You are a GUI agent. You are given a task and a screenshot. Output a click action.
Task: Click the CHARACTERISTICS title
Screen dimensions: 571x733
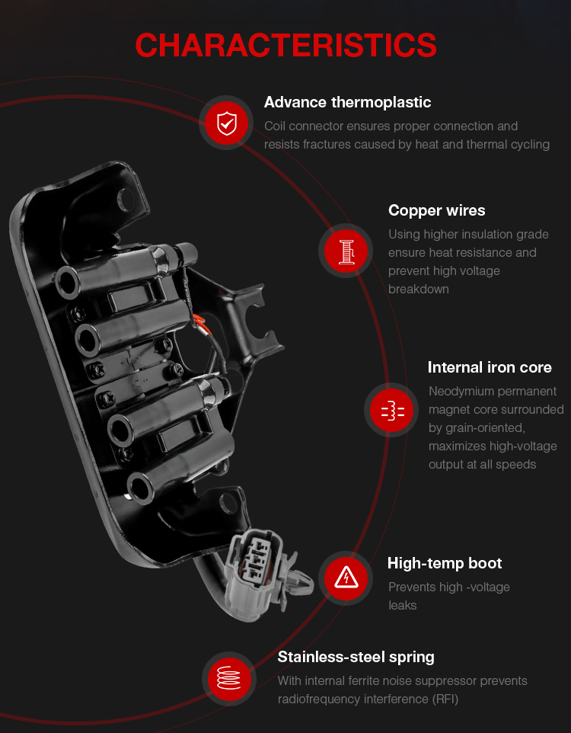[285, 46]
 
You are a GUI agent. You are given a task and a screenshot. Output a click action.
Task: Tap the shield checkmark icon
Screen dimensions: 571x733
[227, 123]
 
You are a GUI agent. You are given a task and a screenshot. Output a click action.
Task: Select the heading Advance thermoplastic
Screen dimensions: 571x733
[347, 102]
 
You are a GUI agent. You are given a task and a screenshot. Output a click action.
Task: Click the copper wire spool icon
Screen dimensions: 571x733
[346, 251]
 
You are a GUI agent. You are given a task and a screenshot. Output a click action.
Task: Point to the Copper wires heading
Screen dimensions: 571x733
[436, 210]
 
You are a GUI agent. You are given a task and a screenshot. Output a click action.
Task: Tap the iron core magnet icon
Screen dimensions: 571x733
[391, 410]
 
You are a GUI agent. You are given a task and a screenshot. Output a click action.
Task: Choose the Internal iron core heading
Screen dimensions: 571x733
[490, 367]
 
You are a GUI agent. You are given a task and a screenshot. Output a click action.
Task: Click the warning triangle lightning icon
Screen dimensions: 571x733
[346, 578]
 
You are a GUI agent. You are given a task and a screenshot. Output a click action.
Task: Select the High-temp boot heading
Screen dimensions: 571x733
[445, 563]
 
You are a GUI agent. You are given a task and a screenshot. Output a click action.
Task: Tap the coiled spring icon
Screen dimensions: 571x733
[229, 678]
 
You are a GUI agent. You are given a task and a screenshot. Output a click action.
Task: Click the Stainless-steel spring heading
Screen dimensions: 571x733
[356, 658]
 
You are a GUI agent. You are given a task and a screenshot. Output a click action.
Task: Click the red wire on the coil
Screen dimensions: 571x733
[199, 321]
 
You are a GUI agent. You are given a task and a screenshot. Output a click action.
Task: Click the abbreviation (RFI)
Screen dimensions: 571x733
[445, 699]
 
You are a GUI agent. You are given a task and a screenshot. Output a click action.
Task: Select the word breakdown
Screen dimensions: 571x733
[419, 290]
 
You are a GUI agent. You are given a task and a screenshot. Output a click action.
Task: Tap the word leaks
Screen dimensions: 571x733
[402, 606]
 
